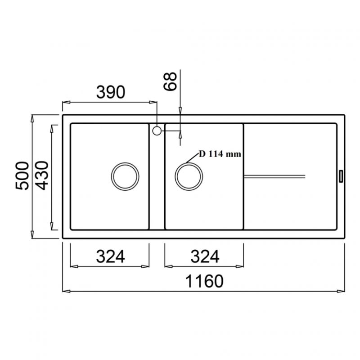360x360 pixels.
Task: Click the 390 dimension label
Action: click(x=111, y=92)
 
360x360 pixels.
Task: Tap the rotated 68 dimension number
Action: click(x=170, y=81)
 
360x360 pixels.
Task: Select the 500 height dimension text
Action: click(x=22, y=175)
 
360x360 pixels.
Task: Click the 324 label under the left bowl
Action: click(x=110, y=256)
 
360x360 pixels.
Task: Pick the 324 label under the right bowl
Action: click(x=205, y=256)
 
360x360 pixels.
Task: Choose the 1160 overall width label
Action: click(x=204, y=281)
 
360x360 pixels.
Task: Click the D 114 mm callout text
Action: click(x=220, y=154)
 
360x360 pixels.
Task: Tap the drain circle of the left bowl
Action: click(x=125, y=163)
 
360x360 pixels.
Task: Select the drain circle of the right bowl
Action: click(x=189, y=163)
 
